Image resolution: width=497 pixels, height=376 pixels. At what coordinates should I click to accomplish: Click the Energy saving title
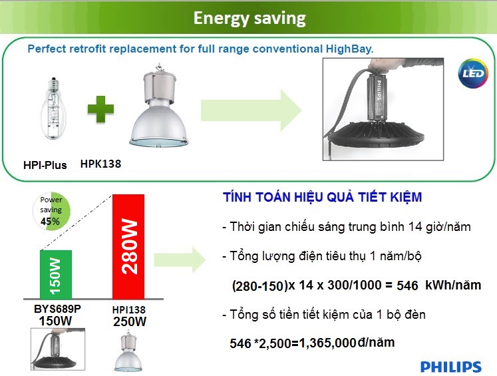[249, 18]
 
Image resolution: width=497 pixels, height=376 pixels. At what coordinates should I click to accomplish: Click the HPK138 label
[100, 163]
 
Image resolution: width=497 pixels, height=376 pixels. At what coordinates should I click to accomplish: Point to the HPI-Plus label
[45, 164]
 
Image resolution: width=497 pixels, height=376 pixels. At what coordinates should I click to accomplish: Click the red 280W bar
[129, 246]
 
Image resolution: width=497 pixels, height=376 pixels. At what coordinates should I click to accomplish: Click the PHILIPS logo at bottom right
[450, 367]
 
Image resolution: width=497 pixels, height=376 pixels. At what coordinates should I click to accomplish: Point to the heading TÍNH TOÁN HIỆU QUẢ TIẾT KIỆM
[322, 198]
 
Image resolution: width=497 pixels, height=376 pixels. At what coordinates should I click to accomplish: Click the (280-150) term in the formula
[259, 286]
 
